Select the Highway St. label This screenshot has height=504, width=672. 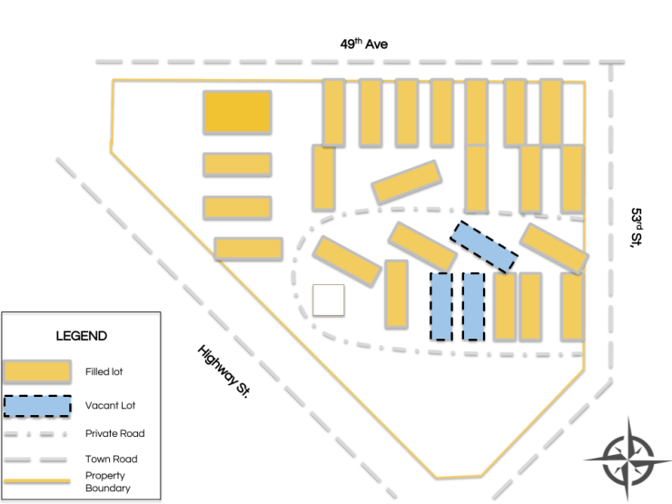(222, 372)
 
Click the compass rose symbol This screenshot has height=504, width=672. (627, 459)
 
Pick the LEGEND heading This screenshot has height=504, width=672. (82, 336)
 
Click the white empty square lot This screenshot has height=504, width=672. (328, 300)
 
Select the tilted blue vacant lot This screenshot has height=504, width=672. (485, 246)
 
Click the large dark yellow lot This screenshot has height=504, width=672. (237, 113)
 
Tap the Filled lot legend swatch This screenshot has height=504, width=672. (37, 371)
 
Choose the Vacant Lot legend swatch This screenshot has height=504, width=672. (37, 404)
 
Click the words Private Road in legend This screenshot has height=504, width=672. (115, 433)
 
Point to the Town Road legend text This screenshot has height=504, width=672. (113, 460)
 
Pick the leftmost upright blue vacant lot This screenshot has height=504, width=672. (440, 306)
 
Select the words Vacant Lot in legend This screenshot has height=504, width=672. (111, 406)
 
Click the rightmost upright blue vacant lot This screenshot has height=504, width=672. (473, 306)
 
